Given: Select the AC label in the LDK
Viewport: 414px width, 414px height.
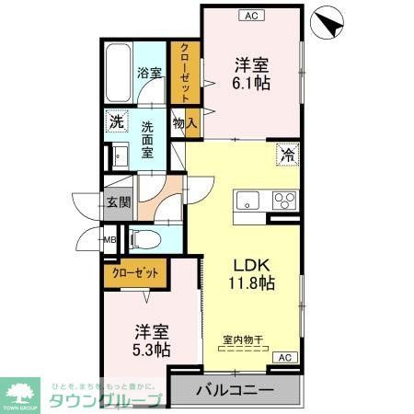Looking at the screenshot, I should [285, 357].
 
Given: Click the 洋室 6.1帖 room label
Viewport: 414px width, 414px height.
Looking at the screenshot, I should [250, 73].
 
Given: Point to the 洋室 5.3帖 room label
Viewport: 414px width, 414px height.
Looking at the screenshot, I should [150, 340].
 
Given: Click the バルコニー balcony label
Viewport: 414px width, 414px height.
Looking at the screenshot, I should [236, 390].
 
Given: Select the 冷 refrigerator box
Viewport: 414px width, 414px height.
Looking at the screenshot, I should [287, 154].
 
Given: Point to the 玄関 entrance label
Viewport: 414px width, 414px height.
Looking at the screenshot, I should [117, 203].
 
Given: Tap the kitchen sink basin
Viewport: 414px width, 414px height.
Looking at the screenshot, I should [249, 201].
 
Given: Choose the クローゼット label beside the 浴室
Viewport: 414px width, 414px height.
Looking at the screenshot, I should [184, 73].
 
